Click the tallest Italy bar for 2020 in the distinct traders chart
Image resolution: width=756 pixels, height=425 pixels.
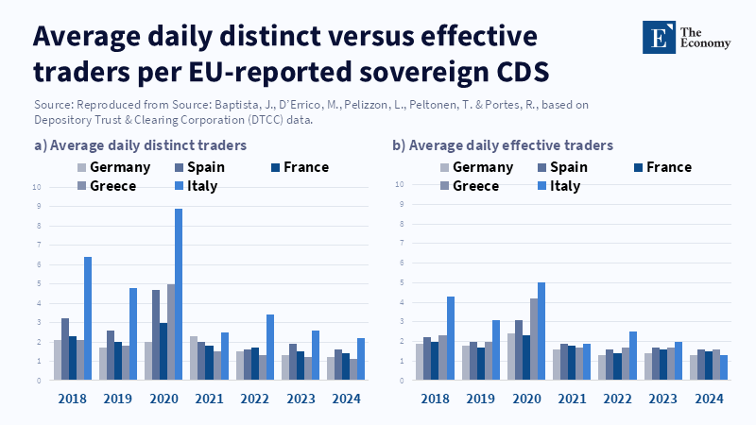tap(179, 295)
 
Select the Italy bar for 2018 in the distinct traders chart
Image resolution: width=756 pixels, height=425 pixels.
tap(88, 318)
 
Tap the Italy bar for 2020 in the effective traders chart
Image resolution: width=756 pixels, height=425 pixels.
tap(541, 331)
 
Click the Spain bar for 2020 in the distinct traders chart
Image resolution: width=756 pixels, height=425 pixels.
tap(156, 334)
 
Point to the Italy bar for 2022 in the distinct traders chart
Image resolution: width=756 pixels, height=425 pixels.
tap(269, 347)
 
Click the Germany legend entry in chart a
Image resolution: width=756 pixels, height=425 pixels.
tap(112, 167)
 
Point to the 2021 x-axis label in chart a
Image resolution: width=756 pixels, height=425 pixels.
tap(209, 399)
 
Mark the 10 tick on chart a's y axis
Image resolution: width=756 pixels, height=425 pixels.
tap(37, 187)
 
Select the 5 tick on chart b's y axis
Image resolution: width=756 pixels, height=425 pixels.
tap(401, 282)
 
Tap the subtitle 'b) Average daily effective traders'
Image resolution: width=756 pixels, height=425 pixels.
tap(503, 145)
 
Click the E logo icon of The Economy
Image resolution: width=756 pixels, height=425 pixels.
tap(658, 36)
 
